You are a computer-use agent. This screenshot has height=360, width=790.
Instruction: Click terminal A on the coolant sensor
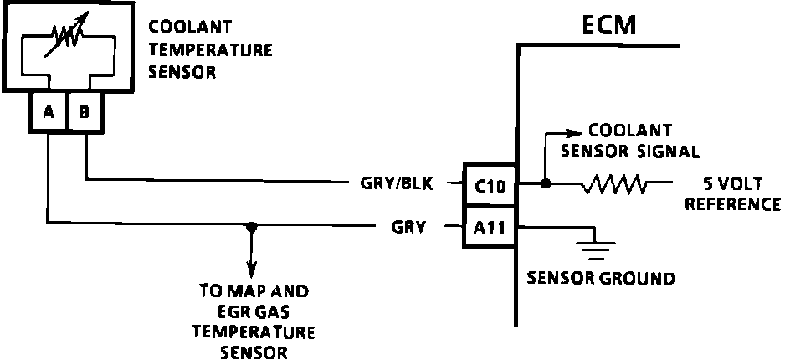pos(49,112)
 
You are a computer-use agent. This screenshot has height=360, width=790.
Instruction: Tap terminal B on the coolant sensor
pos(85,112)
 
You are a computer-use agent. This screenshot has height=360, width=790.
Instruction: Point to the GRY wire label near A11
pos(410,225)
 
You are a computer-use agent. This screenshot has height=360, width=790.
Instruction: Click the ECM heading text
pos(608,25)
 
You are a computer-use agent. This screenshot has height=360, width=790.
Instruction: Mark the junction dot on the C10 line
pos(546,183)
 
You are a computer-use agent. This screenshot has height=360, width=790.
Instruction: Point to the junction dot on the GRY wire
pos(250,225)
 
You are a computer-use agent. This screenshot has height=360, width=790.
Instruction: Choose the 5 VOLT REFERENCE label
pos(732,194)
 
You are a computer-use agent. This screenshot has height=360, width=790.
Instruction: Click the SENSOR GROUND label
pos(601,279)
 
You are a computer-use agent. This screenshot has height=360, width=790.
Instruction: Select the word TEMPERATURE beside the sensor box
pos(210,50)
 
